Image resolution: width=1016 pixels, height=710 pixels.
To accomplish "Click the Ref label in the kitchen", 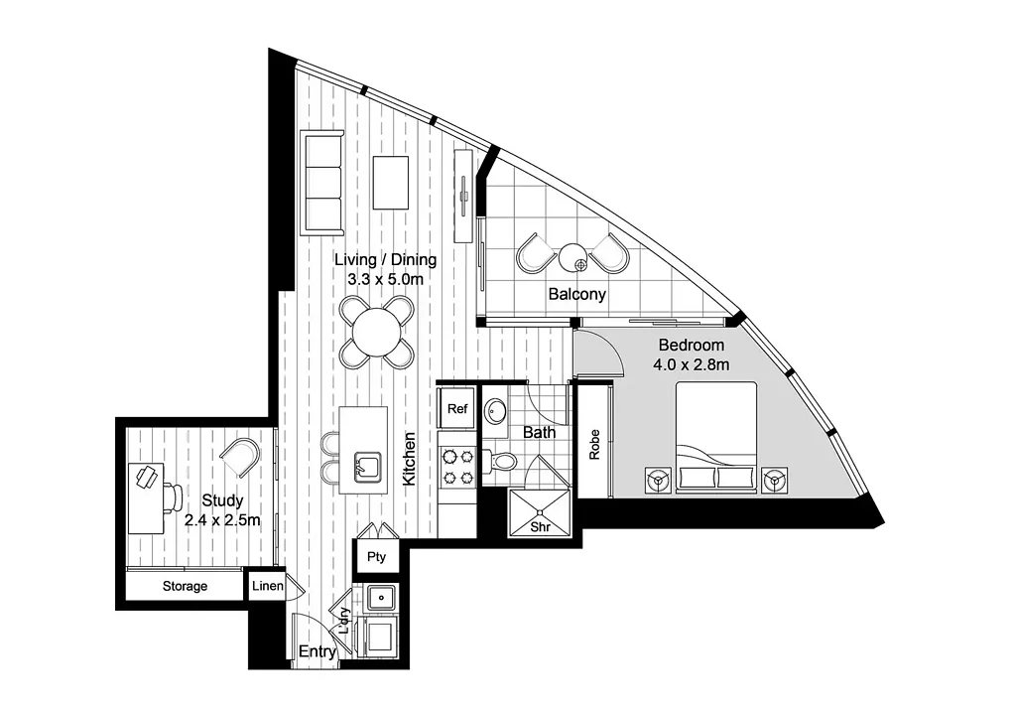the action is (x=456, y=408).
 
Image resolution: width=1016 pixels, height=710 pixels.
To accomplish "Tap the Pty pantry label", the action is (x=376, y=556).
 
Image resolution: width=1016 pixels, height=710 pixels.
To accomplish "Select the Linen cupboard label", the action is (x=268, y=586).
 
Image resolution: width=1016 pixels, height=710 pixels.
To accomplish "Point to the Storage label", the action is (x=185, y=586).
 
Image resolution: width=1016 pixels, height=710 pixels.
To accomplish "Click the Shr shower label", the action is (x=540, y=526).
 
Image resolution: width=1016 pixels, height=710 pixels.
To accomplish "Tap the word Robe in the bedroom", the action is (x=594, y=445).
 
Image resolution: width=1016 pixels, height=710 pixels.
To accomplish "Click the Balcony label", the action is (x=576, y=294).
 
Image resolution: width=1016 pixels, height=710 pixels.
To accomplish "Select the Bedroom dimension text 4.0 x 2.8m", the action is (x=691, y=364).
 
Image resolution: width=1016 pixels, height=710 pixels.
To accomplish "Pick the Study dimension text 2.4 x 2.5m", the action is (x=222, y=520).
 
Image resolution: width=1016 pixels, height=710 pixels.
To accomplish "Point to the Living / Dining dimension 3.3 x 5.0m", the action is (x=386, y=279).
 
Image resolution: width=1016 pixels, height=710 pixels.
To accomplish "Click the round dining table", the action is (x=376, y=332).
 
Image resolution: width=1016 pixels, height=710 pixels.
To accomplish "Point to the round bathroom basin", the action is (x=497, y=411).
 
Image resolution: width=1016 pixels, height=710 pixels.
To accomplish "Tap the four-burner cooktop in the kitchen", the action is (x=456, y=468).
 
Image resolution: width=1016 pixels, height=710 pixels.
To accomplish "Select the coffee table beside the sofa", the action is (x=391, y=182).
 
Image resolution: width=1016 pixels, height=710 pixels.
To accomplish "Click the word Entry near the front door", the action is (x=317, y=651).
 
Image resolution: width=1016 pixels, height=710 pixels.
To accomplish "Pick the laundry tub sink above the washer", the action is (x=381, y=596).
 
